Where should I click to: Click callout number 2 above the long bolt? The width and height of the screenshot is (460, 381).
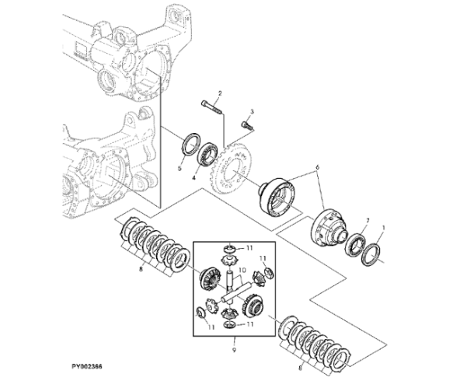point(219,93)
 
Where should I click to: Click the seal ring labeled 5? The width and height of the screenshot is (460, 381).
point(187,145)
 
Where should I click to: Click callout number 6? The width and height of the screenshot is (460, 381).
point(316,166)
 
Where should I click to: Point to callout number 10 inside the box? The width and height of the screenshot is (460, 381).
point(241,271)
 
